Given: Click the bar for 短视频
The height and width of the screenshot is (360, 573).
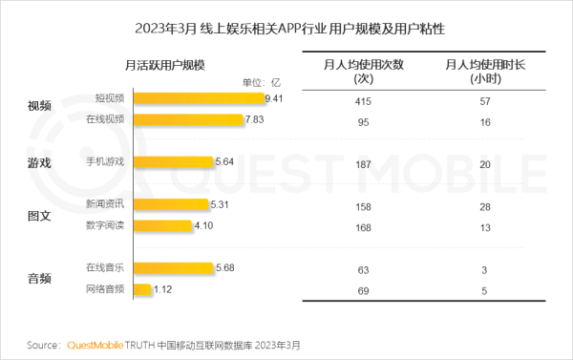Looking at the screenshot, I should (198, 97).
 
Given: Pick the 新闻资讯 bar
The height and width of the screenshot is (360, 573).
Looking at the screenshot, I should (170, 203).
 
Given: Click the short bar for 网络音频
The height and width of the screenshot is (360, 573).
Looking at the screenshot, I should (143, 289).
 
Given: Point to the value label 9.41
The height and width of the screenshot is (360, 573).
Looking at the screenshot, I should (276, 97).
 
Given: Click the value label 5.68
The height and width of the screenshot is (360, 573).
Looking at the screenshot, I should (225, 267).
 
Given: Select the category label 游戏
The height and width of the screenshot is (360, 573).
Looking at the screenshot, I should (39, 162).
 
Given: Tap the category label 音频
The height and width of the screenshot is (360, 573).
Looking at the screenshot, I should (39, 278).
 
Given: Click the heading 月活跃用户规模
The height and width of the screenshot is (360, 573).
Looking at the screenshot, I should (166, 64).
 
